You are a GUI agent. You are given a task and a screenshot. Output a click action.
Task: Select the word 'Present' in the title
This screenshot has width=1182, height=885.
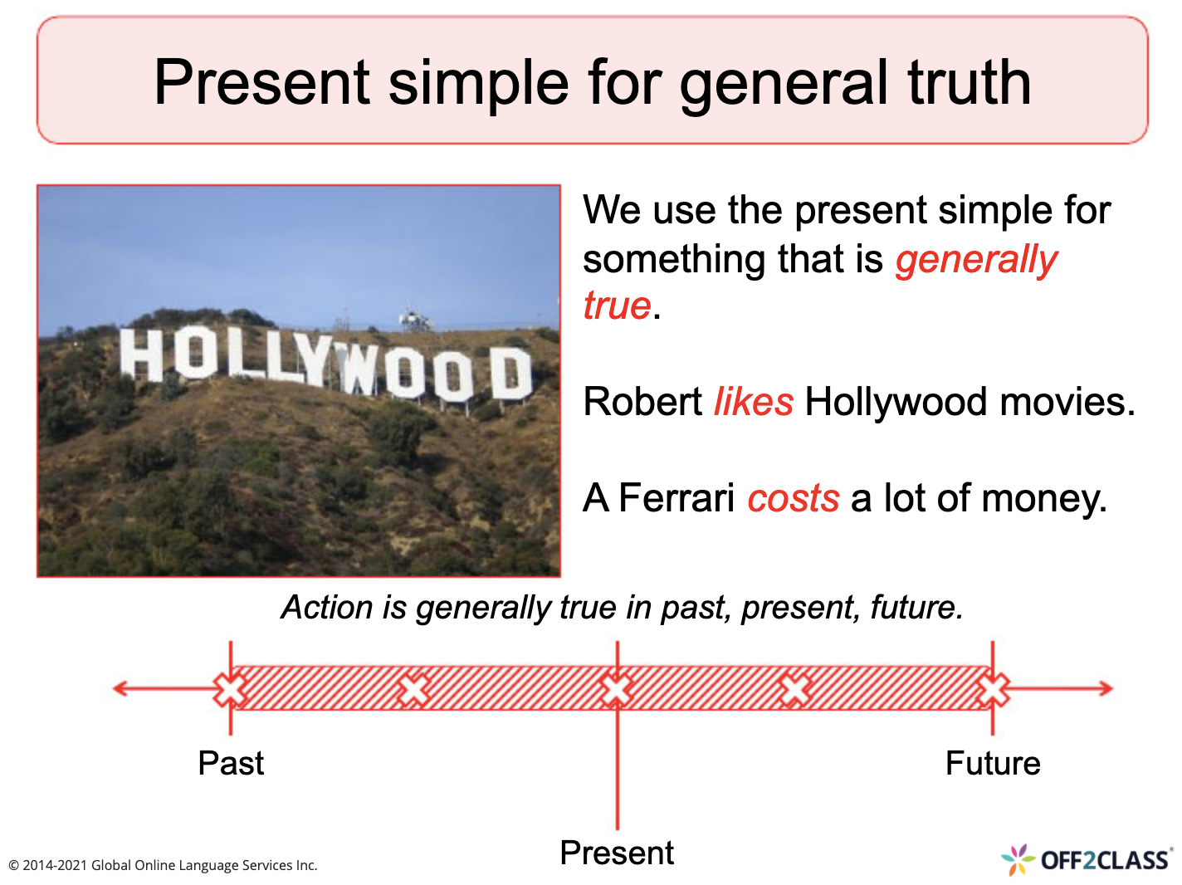click(x=261, y=82)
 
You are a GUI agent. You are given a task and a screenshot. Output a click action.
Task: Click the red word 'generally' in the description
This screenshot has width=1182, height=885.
click(x=976, y=260)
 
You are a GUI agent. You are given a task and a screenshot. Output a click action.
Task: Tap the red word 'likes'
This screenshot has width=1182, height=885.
click(x=754, y=402)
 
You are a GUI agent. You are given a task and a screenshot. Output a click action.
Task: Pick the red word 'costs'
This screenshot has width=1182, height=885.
click(x=794, y=498)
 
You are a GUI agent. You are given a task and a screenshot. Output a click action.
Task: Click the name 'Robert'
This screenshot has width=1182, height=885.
click(x=643, y=402)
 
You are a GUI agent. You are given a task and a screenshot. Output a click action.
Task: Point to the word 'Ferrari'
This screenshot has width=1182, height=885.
click(x=676, y=498)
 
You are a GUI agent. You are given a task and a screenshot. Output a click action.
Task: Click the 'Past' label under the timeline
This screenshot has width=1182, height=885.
click(x=231, y=763)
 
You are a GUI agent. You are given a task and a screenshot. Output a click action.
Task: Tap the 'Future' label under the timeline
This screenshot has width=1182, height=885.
click(x=993, y=763)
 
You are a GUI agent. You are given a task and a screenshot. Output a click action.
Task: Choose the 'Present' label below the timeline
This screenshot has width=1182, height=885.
click(x=617, y=853)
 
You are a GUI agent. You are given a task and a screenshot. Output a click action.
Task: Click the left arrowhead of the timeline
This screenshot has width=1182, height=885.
click(x=121, y=688)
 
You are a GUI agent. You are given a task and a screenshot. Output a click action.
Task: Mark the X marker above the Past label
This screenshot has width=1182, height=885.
click(x=231, y=689)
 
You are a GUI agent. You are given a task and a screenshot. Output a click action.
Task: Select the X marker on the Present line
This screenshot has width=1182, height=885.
click(x=617, y=689)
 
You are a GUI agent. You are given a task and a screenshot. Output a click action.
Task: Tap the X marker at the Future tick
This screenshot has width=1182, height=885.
click(x=993, y=689)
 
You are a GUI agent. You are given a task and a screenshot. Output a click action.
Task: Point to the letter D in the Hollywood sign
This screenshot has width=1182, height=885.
click(x=510, y=374)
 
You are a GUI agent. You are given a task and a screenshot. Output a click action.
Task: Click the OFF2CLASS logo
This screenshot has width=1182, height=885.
click(x=1087, y=860)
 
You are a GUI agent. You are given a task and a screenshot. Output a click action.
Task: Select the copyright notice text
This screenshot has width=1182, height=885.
click(x=163, y=865)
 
